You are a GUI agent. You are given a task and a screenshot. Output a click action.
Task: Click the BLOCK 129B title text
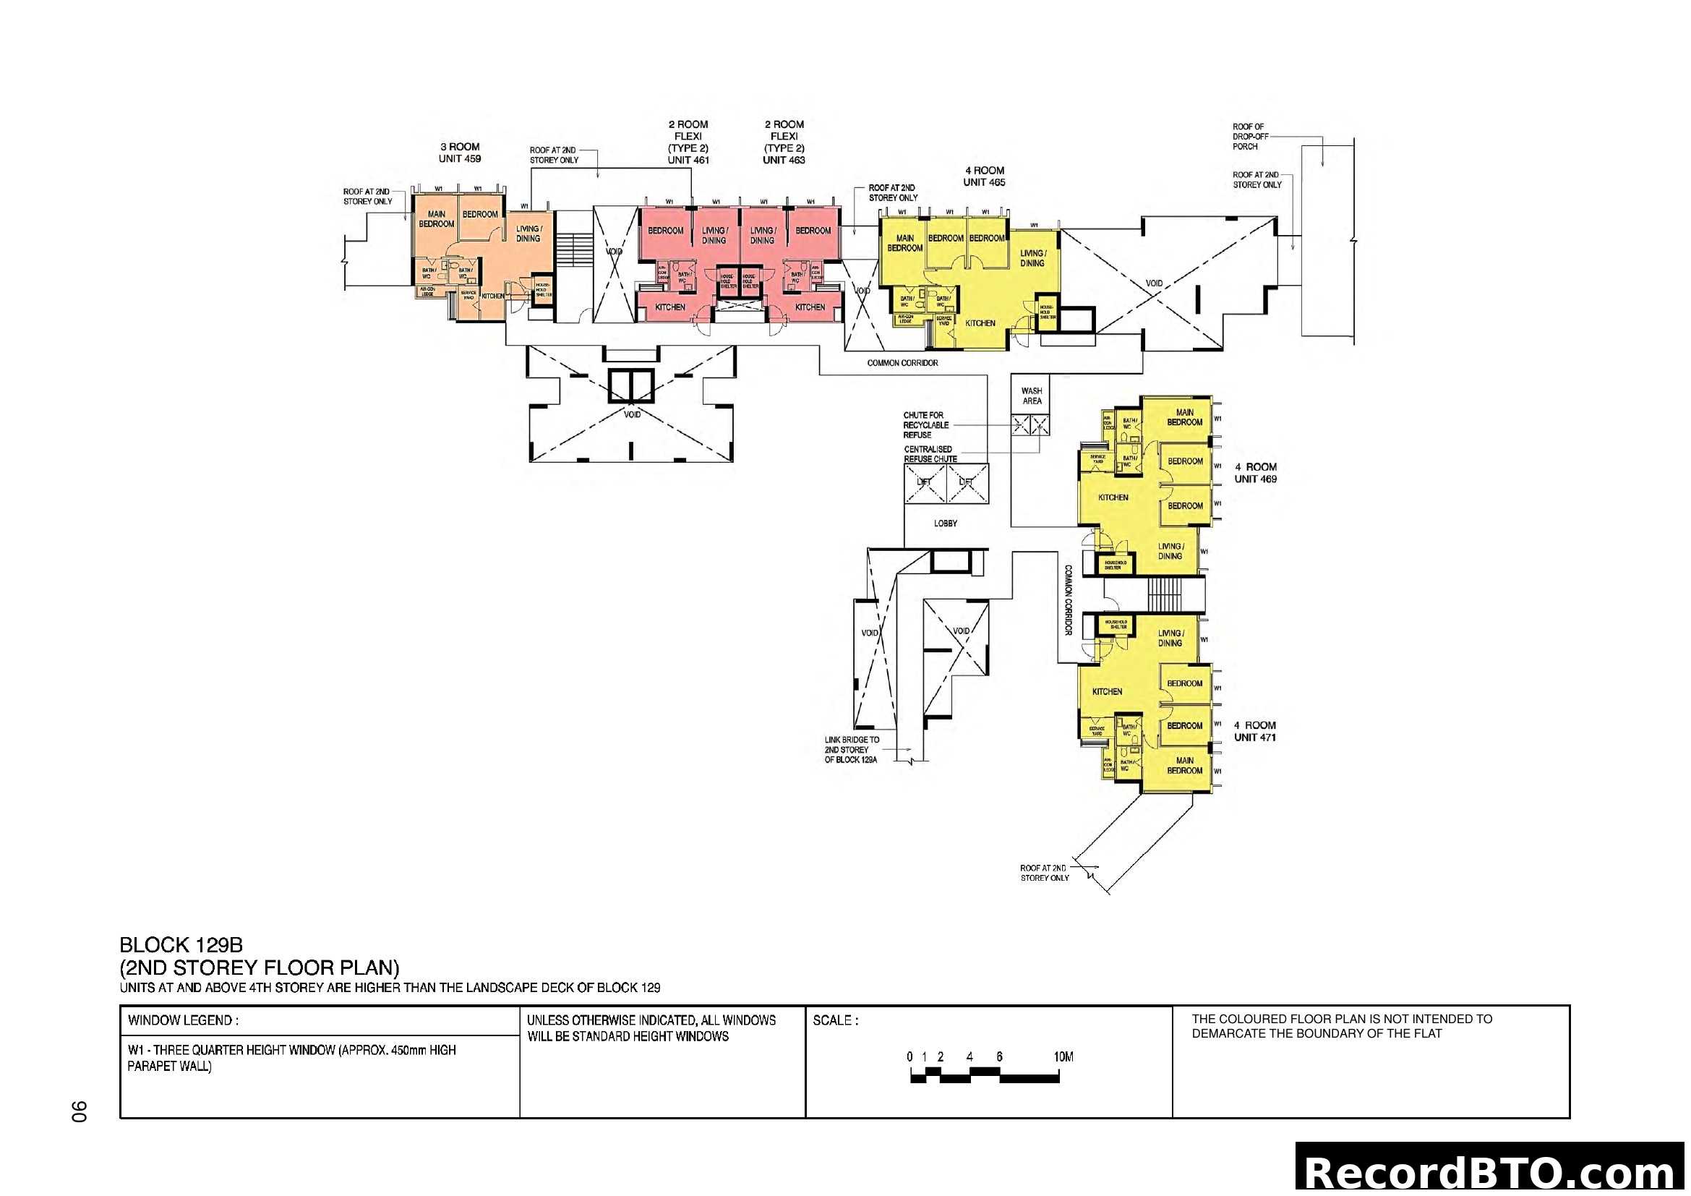(181, 945)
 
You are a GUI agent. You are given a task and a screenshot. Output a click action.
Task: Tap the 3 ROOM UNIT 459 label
(460, 153)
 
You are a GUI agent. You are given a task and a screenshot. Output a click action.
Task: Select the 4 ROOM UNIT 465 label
(984, 176)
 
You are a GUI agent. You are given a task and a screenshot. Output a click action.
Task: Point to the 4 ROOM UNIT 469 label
(1255, 473)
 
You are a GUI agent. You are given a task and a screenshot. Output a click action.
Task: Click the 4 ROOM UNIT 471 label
(1254, 731)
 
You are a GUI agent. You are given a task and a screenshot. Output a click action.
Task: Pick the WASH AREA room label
(1032, 396)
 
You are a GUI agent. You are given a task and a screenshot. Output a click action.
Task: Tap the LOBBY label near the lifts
(945, 524)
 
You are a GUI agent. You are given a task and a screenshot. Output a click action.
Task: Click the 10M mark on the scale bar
(1063, 1057)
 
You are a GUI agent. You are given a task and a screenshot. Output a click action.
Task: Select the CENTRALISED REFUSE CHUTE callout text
(930, 453)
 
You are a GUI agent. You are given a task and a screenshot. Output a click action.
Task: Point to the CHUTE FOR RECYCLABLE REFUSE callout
(925, 425)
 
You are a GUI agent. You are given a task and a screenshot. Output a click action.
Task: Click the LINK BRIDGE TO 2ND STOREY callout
(852, 750)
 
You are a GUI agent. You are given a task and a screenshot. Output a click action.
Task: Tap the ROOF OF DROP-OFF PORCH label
(1249, 137)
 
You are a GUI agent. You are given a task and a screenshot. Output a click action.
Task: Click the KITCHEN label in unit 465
(980, 323)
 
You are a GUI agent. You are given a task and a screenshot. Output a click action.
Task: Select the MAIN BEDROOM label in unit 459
(436, 218)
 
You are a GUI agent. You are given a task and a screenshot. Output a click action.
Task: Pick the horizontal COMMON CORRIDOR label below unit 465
(902, 363)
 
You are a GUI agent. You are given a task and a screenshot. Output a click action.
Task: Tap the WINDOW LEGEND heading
(183, 1021)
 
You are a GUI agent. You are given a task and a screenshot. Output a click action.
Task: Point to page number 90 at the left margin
(79, 1111)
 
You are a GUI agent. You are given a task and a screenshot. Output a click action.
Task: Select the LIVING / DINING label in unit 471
(1170, 638)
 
